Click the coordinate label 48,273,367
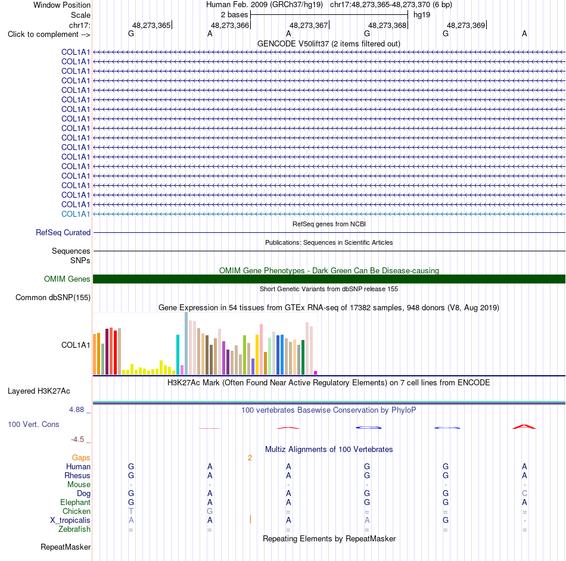pos(309,25)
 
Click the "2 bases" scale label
pos(235,15)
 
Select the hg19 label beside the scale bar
pos(422,15)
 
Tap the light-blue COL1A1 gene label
pos(76,214)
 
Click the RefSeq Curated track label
pos(63,232)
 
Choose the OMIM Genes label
pos(67,279)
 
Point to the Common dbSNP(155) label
pos(53,297)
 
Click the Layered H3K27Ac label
pos(39,391)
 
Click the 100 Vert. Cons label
pos(33,424)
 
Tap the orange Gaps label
pos(81,457)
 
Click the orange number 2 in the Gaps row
pos(250,458)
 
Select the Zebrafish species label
pos(74,529)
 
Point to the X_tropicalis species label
pos(70,521)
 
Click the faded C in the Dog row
pos(524,493)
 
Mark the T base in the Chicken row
pos(131,511)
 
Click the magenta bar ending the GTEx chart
pos(316,373)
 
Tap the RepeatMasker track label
pos(66,547)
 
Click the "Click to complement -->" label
pos(49,35)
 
